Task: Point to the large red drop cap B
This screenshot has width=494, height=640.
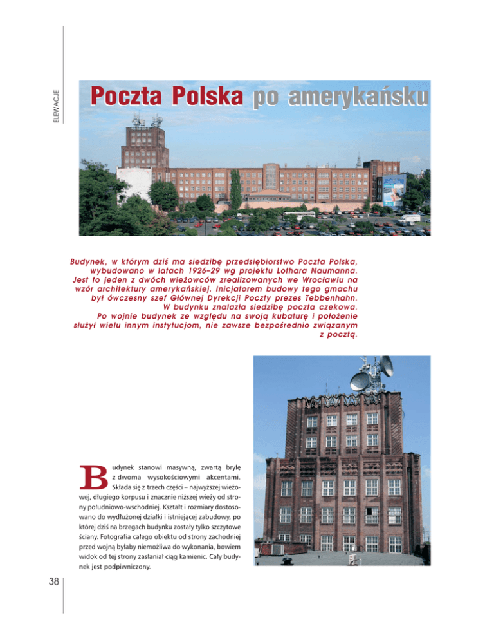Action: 94,477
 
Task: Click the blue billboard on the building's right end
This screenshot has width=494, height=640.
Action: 393,191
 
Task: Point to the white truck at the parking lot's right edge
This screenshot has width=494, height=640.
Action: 409,218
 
